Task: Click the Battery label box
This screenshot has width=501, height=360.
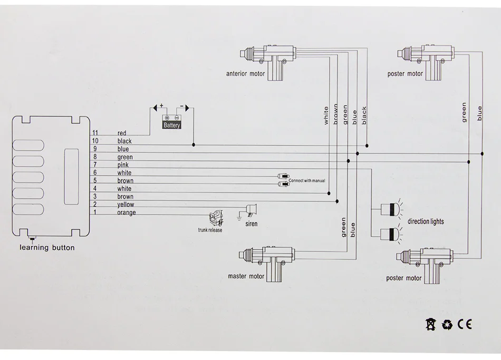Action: pos(172,125)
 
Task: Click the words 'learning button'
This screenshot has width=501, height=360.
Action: pos(47,248)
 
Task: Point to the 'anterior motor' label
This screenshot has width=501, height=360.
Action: pos(245,74)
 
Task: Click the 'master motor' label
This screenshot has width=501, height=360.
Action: pos(246,276)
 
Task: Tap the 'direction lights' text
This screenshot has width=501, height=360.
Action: pos(426,221)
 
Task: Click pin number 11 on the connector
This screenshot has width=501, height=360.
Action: pos(95,133)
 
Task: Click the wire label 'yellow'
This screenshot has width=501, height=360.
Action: pos(126,205)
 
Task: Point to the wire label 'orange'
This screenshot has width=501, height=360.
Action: pos(126,212)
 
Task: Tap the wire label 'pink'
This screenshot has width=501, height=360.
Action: pos(123,165)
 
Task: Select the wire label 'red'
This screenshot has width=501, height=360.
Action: pos(122,133)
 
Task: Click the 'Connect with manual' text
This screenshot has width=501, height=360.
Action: pos(307,181)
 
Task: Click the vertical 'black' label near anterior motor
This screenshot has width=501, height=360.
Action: pos(364,115)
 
